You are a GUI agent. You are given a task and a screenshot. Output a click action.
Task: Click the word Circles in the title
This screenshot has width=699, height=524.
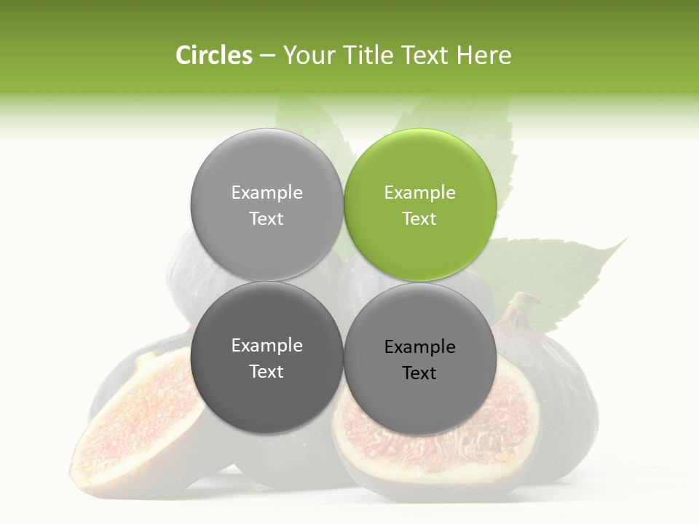(214, 55)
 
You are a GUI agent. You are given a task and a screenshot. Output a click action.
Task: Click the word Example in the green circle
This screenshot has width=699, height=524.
(419, 193)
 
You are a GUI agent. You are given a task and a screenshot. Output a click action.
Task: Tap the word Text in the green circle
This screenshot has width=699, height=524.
(419, 218)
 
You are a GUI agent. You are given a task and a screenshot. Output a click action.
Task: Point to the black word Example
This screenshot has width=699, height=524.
(419, 347)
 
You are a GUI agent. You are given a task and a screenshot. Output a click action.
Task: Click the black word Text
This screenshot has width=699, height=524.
(419, 373)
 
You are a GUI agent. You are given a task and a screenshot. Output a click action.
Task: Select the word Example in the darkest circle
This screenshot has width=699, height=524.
(266, 346)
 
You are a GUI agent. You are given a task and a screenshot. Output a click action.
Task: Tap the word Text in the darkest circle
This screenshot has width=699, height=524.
(266, 371)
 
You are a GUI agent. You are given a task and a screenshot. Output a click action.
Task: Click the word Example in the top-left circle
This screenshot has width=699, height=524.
(266, 193)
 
